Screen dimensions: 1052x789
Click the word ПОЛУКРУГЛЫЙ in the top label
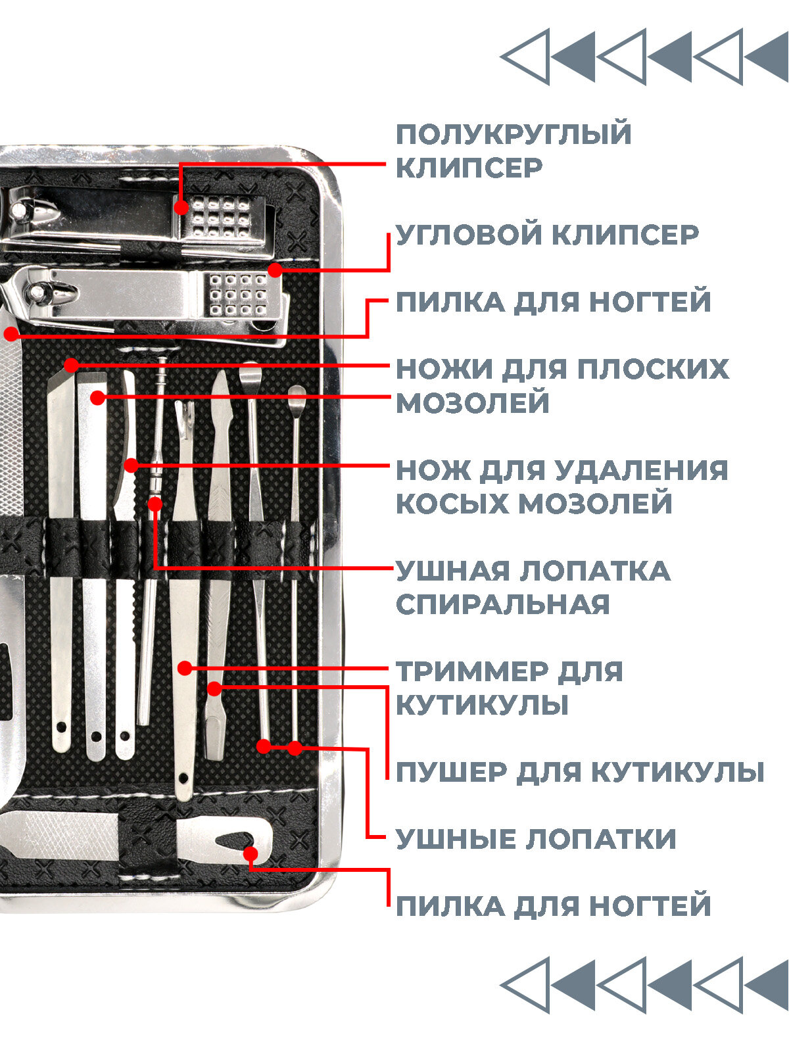(514, 135)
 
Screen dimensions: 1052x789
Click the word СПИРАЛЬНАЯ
(503, 605)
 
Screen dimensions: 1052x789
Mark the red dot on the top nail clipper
(181, 208)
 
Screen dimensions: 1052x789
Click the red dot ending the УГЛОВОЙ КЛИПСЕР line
(275, 270)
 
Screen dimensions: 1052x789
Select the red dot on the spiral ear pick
(155, 504)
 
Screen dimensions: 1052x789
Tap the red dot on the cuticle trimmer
(185, 668)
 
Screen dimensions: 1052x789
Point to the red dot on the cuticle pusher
(214, 688)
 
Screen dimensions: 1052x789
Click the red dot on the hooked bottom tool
(251, 853)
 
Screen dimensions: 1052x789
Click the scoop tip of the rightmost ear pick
(296, 393)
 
